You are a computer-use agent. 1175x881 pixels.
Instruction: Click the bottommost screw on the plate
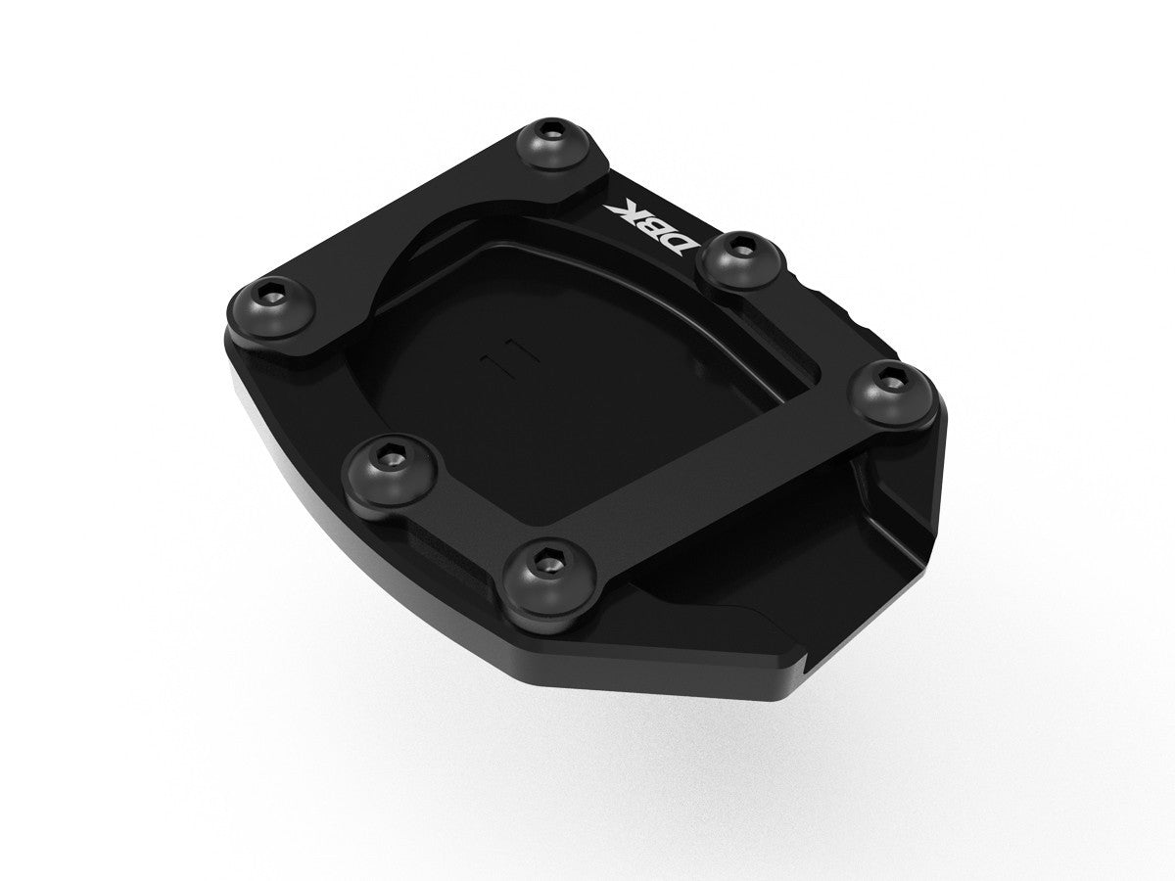point(541,572)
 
